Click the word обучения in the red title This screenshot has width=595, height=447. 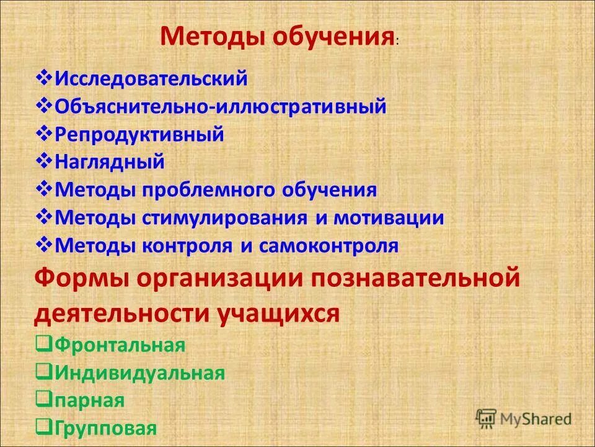pos(332,37)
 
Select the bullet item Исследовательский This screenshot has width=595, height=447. pos(151,79)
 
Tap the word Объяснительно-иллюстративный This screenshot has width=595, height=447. pos(221,107)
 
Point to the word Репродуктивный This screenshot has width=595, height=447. pos(139,135)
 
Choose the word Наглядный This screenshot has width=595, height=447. pos(110,162)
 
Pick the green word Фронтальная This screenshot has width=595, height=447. pos(120,345)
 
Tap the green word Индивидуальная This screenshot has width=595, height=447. pos(139,373)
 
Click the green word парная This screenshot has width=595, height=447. pos(90,400)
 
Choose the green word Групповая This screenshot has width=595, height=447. pos(106,428)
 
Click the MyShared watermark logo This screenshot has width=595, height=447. pos(524,419)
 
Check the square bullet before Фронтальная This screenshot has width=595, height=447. pos(43,345)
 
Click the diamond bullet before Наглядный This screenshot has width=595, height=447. pos(45,161)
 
